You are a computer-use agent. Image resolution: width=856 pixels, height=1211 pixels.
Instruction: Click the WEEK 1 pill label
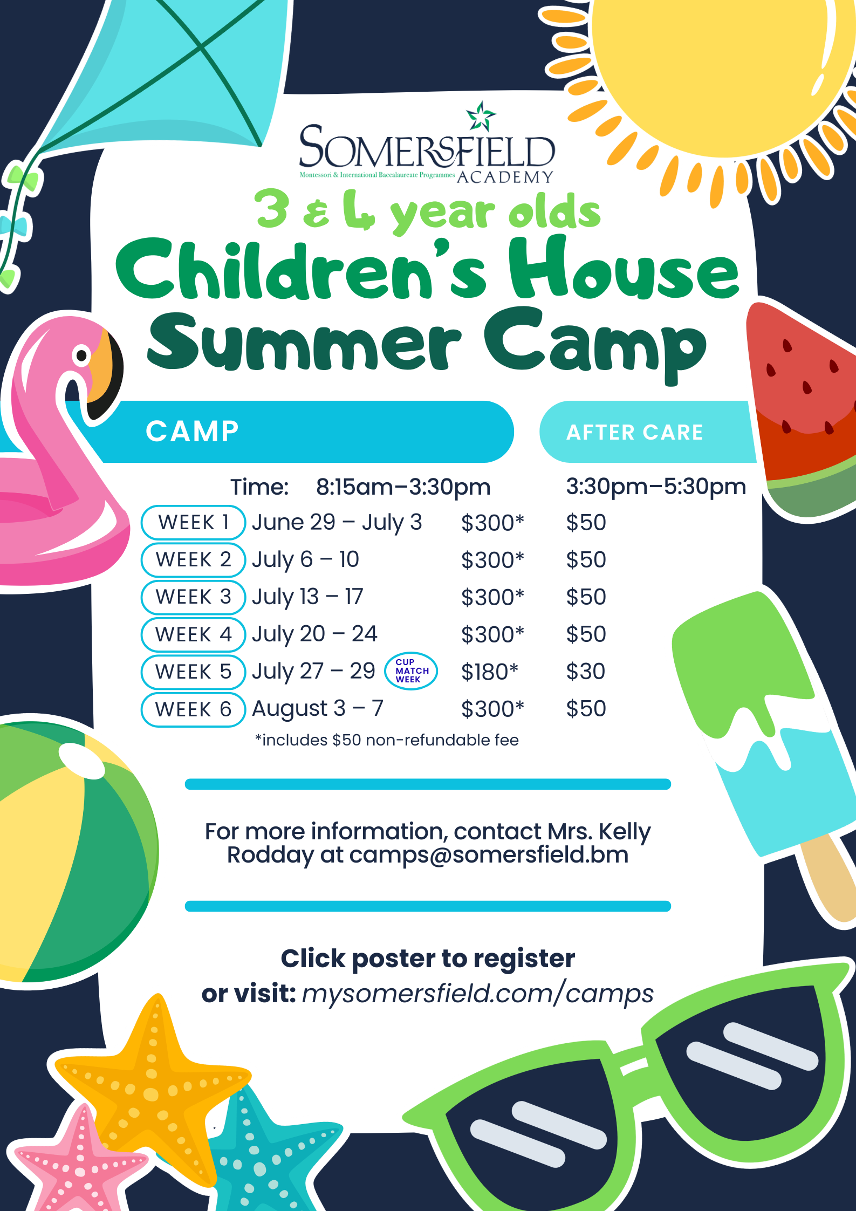click(x=193, y=522)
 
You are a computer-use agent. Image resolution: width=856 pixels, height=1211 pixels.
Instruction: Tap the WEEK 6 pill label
click(x=193, y=709)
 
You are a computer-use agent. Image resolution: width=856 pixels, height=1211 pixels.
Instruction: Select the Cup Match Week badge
click(x=411, y=671)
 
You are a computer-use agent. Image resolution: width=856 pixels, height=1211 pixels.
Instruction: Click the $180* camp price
click(x=489, y=672)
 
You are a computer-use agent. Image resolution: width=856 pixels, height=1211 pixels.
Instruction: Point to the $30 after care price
click(x=585, y=672)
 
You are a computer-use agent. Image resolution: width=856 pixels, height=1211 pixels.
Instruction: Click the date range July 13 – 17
click(x=307, y=597)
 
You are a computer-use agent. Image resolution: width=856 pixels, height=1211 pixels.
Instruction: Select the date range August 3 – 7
click(x=317, y=708)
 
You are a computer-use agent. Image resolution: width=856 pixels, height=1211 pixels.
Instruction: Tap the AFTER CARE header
click(x=634, y=432)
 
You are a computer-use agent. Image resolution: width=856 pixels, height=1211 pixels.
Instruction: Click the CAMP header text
click(x=192, y=432)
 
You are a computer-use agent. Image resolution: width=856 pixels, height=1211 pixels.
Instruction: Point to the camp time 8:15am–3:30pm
click(x=403, y=487)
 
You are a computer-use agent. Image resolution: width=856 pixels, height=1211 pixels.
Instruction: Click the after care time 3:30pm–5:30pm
click(x=655, y=487)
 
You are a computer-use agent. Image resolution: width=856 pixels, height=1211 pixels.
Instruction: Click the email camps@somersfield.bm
click(x=489, y=855)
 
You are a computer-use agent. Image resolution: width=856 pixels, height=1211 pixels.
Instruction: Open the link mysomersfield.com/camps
click(x=477, y=993)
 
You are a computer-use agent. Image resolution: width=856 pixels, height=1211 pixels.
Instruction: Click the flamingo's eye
click(x=82, y=355)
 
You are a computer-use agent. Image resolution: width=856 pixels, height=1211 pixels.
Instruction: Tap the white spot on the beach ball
click(x=81, y=761)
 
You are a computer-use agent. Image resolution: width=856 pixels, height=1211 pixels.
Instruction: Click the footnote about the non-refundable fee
click(x=387, y=740)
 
